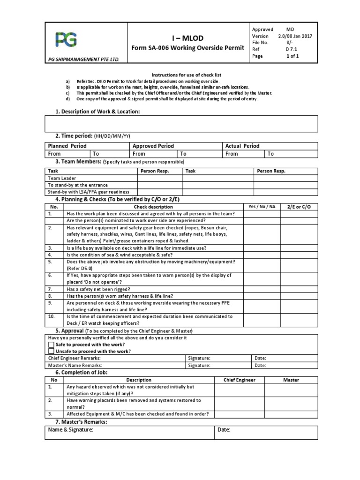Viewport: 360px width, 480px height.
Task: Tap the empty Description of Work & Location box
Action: tap(181, 124)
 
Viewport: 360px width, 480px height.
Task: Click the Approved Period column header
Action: tap(153, 146)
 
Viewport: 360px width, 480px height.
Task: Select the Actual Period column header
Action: tap(242, 146)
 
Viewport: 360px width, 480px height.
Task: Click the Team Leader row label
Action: tap(62, 179)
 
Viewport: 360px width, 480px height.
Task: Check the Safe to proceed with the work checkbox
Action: tap(52, 345)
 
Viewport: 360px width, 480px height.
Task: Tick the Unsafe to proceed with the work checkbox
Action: tap(52, 351)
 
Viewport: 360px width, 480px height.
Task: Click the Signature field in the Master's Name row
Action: tap(217, 365)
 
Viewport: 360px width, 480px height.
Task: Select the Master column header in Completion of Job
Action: tap(291, 380)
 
